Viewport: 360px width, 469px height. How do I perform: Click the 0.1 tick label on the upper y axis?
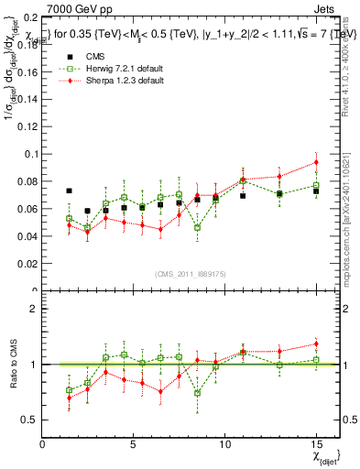point(31,154)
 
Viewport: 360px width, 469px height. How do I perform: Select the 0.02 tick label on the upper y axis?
point(28,264)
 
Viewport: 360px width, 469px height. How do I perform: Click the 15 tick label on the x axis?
point(316,445)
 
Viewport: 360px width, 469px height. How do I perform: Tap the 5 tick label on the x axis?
point(134,445)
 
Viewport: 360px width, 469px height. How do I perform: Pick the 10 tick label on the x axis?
point(224,445)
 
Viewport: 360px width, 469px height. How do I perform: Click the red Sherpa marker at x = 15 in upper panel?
point(316,162)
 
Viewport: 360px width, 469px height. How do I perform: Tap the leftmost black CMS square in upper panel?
point(70,191)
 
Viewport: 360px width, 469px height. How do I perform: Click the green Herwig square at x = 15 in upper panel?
point(316,186)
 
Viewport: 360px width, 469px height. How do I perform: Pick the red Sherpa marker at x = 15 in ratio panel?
point(316,344)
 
